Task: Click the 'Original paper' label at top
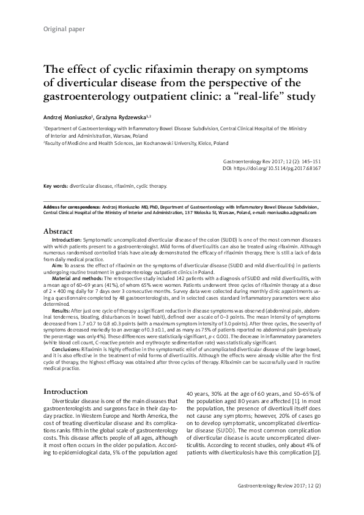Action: pyautogui.click(x=64, y=29)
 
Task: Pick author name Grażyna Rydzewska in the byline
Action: pyautogui.click(x=133, y=116)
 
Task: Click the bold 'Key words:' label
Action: pyautogui.click(x=56, y=185)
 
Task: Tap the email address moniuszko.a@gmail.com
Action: pyautogui.click(x=292, y=212)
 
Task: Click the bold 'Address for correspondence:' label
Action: pyautogui.click(x=70, y=207)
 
